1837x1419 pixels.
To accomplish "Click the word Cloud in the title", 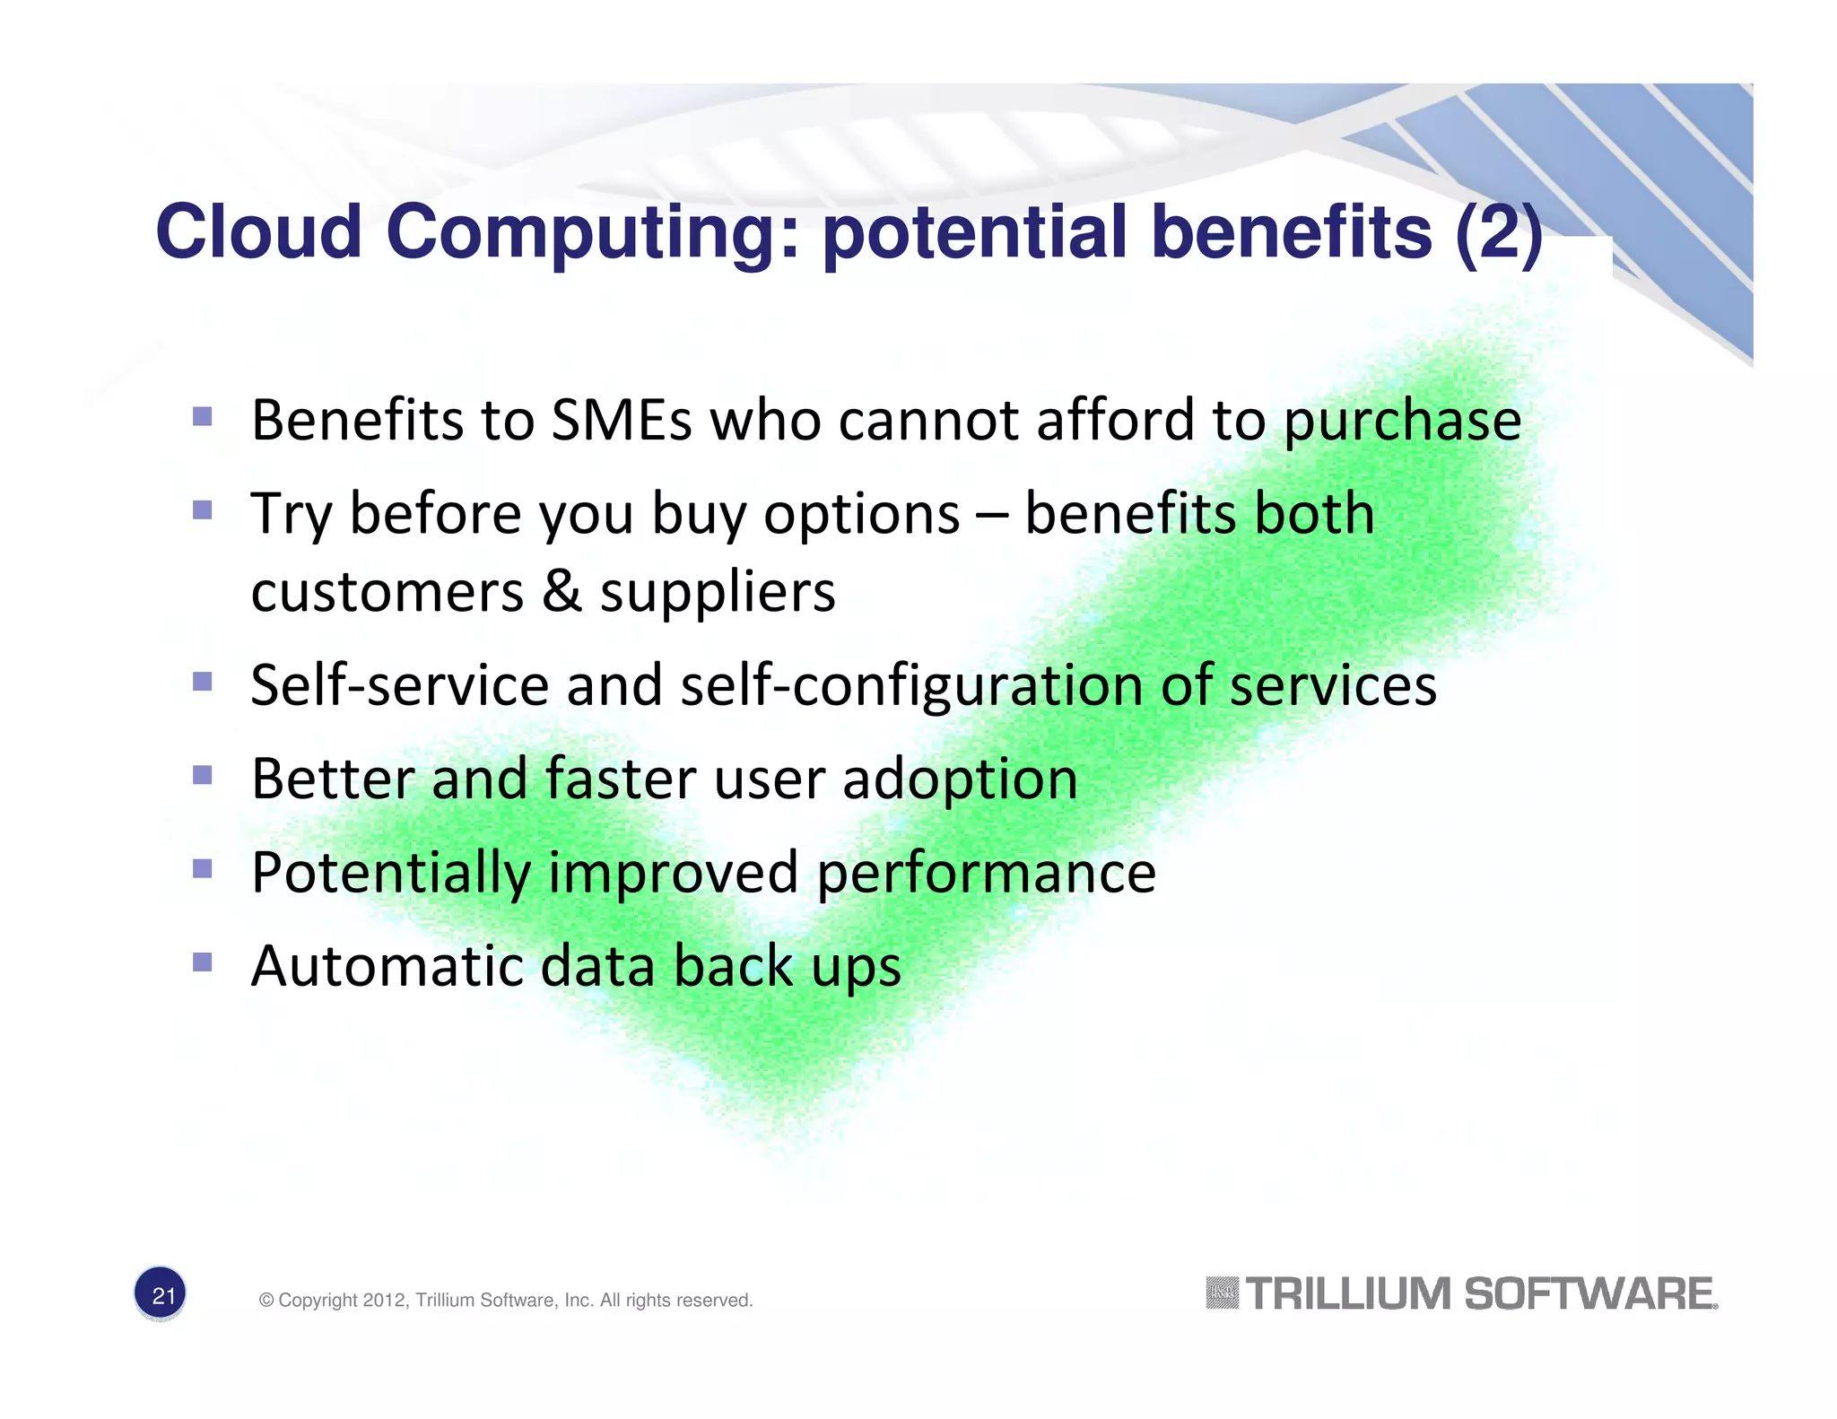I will (x=258, y=231).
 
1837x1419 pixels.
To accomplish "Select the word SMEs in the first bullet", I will (x=621, y=420).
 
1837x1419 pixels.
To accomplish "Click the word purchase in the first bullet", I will (x=1402, y=422).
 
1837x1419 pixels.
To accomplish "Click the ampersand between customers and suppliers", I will (x=562, y=592).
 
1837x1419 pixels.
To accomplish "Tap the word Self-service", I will (x=399, y=685).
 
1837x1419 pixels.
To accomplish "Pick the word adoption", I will (x=960, y=780).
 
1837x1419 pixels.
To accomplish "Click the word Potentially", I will (x=391, y=874).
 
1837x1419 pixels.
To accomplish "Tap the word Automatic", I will (x=387, y=966).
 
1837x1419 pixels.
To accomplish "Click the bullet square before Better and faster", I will (x=203, y=774).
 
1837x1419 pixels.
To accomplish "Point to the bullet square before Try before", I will (x=203, y=510).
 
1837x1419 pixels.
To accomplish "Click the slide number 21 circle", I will (x=161, y=1294).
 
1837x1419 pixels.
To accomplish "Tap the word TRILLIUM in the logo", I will (x=1348, y=1294).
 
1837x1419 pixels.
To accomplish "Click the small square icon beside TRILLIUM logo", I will (x=1222, y=1293).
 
